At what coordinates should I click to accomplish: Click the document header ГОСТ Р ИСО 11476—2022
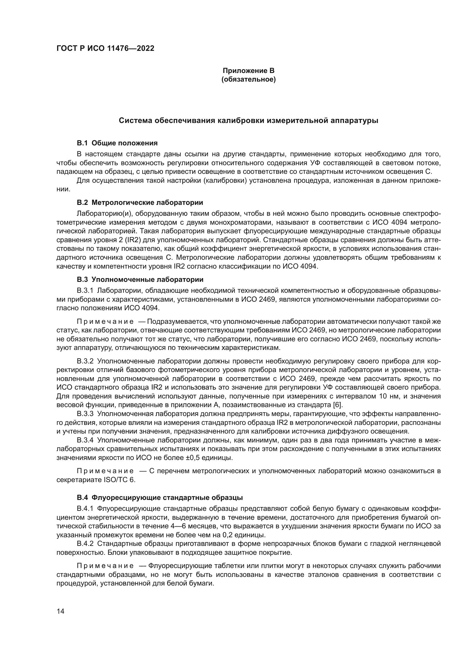(105, 49)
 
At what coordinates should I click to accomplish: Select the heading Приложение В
(248, 71)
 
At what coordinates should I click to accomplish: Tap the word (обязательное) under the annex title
(248, 80)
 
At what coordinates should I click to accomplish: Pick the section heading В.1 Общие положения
(117, 143)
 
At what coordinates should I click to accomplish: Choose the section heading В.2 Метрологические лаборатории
(140, 202)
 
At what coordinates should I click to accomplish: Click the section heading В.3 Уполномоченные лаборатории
(140, 280)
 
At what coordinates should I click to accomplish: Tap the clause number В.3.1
(85, 290)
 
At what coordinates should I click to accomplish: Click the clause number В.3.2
(85, 361)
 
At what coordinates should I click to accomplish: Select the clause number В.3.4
(85, 440)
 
